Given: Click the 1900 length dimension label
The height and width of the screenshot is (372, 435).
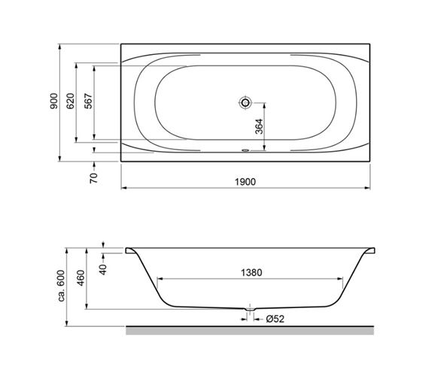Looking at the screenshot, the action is click(245, 182).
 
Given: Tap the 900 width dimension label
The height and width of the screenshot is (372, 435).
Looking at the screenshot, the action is click(54, 101).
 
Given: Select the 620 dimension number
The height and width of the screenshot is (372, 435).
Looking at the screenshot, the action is click(71, 101).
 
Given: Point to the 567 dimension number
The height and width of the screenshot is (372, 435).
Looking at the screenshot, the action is click(88, 101).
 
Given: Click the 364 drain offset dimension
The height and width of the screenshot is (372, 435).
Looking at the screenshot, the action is click(259, 126).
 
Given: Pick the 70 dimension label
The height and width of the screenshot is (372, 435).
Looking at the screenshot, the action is click(94, 178).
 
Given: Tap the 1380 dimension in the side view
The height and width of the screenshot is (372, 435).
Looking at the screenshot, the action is click(251, 273).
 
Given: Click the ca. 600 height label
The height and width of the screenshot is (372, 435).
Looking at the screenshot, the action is click(61, 286).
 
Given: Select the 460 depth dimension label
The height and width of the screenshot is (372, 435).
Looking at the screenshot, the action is click(81, 278).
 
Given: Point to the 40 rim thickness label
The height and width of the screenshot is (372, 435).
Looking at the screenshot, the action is click(103, 270).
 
